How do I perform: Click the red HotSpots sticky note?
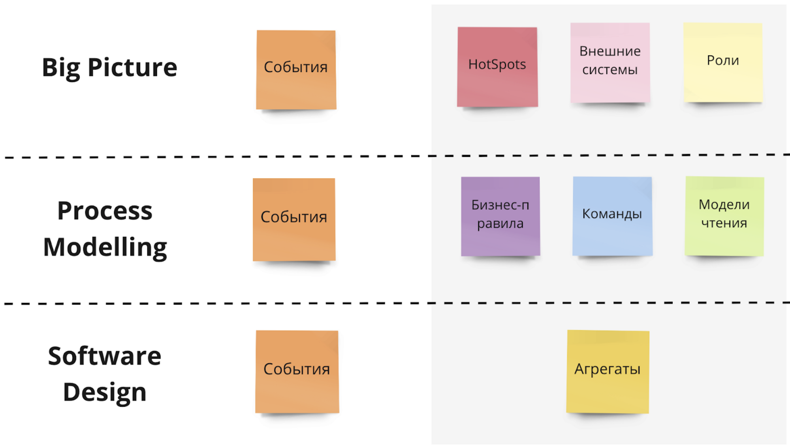click(497, 67)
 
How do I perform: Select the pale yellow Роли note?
click(723, 62)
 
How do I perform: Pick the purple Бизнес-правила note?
click(500, 216)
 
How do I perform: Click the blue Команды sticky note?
click(612, 216)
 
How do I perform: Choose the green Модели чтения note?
click(724, 216)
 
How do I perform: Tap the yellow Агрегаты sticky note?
click(608, 371)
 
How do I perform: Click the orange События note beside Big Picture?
click(296, 69)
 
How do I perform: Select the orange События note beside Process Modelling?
click(294, 219)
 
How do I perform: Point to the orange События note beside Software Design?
click(297, 371)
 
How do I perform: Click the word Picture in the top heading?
click(132, 67)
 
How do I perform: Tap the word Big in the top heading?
click(61, 67)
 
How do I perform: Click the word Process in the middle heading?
click(105, 211)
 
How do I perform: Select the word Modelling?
click(105, 247)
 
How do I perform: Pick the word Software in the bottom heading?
click(105, 356)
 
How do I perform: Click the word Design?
click(105, 392)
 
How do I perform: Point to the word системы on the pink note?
click(610, 70)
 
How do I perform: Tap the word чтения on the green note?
click(724, 223)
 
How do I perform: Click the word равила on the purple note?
click(500, 224)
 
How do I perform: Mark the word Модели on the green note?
click(724, 204)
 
